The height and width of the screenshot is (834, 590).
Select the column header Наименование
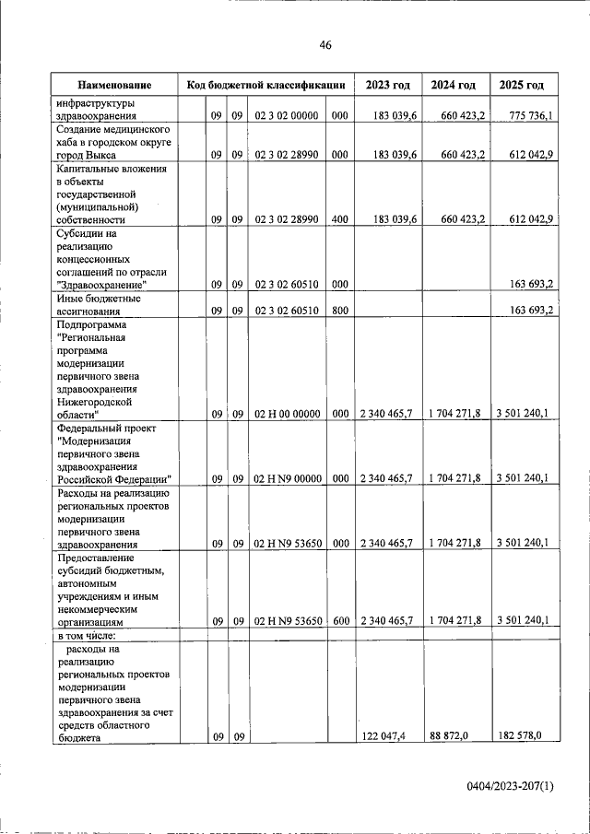pyautogui.click(x=114, y=85)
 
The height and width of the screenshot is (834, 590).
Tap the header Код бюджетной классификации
pyautogui.click(x=265, y=85)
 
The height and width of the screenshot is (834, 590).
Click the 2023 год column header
pyautogui.click(x=387, y=85)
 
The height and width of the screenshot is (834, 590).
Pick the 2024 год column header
pyautogui.click(x=454, y=85)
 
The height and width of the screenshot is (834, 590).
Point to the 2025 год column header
pyautogui.click(x=522, y=85)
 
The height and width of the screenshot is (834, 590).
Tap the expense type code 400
pyautogui.click(x=339, y=219)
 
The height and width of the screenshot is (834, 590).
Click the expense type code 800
pyautogui.click(x=339, y=311)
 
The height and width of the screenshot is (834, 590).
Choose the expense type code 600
pyautogui.click(x=340, y=621)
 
